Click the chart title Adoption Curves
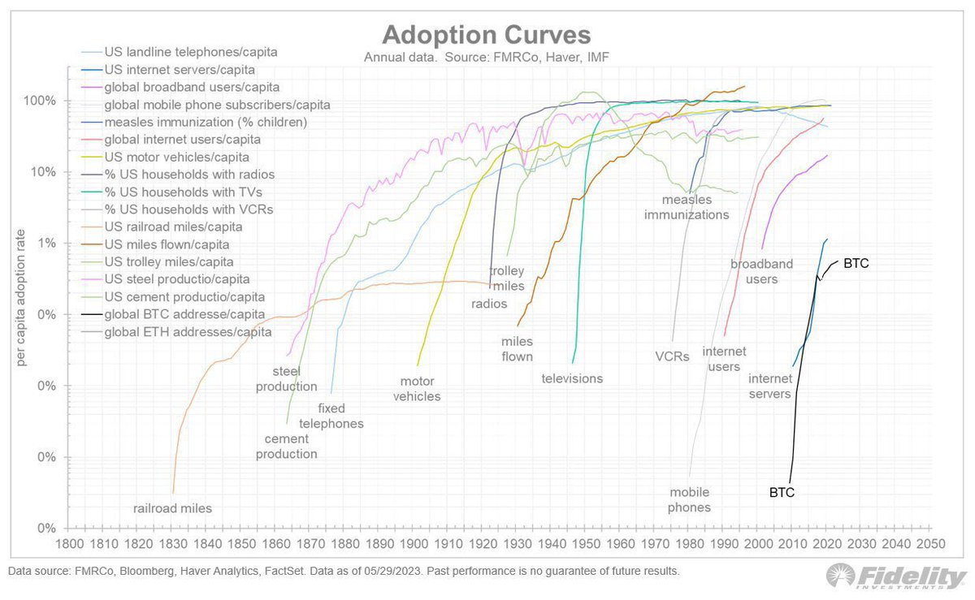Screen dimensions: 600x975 [487, 36]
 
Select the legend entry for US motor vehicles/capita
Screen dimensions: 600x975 [176, 157]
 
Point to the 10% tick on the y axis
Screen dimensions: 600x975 [44, 172]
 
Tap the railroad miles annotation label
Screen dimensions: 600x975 [172, 508]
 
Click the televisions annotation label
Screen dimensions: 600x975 [572, 378]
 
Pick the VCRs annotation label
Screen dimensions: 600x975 [672, 356]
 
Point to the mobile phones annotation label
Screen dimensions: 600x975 [690, 499]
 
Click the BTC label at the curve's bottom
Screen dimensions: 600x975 [782, 491]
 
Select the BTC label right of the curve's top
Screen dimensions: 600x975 [856, 263]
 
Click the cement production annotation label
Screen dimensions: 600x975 [286, 447]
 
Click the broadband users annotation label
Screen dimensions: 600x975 [754, 272]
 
